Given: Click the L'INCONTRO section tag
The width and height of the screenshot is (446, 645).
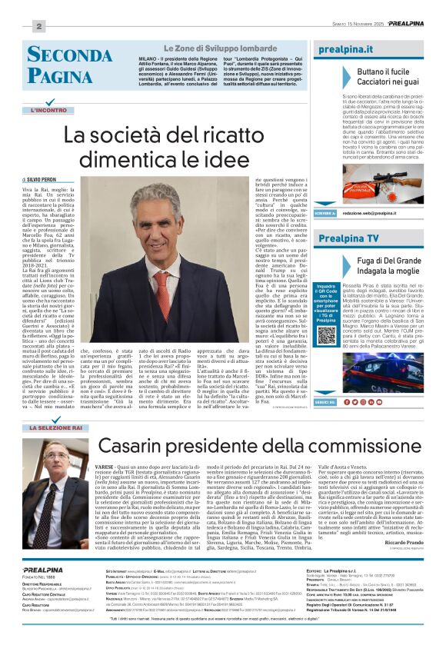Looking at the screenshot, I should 49,111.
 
